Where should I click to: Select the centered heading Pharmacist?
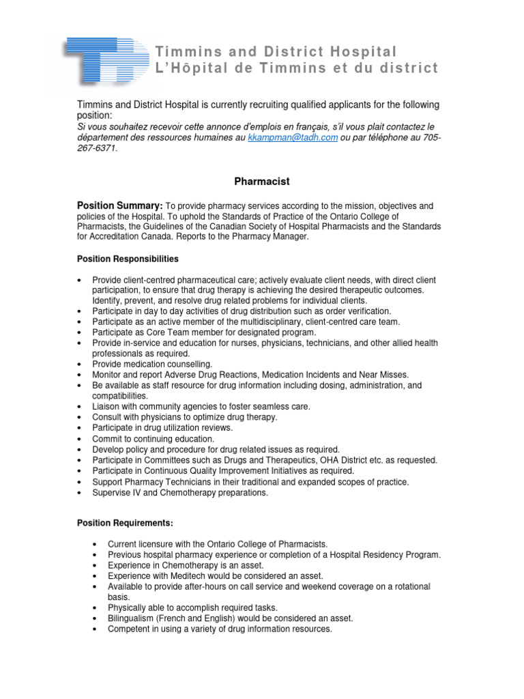pos(262,182)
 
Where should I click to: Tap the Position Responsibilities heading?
pos(128,259)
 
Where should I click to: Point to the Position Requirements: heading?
pos(125,523)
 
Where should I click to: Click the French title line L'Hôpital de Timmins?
pos(297,69)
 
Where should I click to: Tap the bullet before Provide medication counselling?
pos(81,365)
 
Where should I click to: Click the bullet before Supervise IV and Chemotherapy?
pos(81,493)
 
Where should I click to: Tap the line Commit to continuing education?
pos(154,439)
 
